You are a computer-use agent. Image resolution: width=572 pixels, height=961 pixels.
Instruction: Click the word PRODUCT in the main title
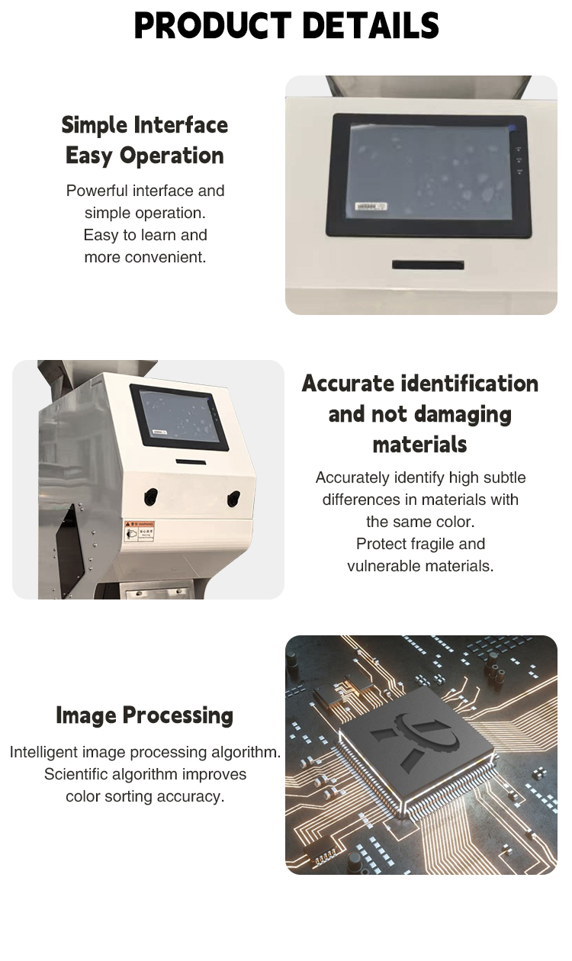click(x=213, y=25)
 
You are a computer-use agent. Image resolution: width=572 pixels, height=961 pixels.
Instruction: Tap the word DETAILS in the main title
click(x=371, y=25)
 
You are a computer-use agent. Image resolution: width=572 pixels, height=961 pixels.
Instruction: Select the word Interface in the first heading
click(x=181, y=125)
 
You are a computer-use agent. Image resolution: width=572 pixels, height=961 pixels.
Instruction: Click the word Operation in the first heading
click(x=172, y=156)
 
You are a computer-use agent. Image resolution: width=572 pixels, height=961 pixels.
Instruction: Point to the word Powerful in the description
click(x=97, y=191)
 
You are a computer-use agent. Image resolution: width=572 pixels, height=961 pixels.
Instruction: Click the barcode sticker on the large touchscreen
click(x=371, y=207)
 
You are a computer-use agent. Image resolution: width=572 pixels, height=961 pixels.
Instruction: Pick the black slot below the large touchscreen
click(x=428, y=265)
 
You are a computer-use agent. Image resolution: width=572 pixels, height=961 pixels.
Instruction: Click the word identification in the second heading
click(x=470, y=383)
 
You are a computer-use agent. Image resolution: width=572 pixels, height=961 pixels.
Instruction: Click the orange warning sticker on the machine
click(x=139, y=531)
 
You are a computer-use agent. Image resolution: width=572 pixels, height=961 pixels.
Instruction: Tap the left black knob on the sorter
click(x=150, y=497)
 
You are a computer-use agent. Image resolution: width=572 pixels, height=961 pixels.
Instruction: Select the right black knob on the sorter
click(x=233, y=498)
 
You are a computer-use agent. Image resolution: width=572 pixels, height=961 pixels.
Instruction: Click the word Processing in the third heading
click(x=178, y=716)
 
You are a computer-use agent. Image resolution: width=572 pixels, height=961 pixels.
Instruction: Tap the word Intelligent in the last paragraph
click(x=43, y=752)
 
